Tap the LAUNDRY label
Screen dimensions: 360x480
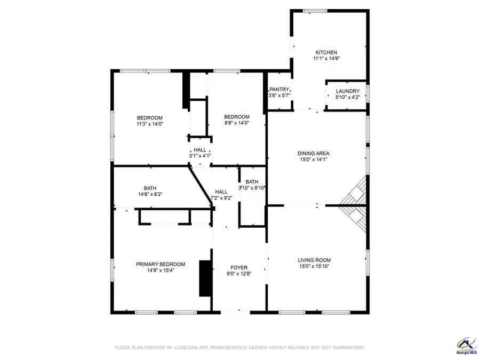[x=347, y=91]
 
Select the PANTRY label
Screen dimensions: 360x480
[x=279, y=89]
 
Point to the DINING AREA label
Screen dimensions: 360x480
[x=313, y=154]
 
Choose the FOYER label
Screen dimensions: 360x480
[x=238, y=268]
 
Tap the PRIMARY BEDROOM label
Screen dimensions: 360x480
[x=160, y=264]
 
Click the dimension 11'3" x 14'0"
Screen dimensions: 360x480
[x=149, y=124]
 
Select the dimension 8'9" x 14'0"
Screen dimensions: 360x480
[x=236, y=123]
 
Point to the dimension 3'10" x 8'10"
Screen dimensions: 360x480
[x=252, y=188]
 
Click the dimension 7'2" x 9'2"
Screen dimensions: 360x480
[x=221, y=198]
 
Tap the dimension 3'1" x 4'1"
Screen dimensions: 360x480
[x=200, y=156]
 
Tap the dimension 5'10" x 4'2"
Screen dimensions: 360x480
[x=347, y=97]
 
